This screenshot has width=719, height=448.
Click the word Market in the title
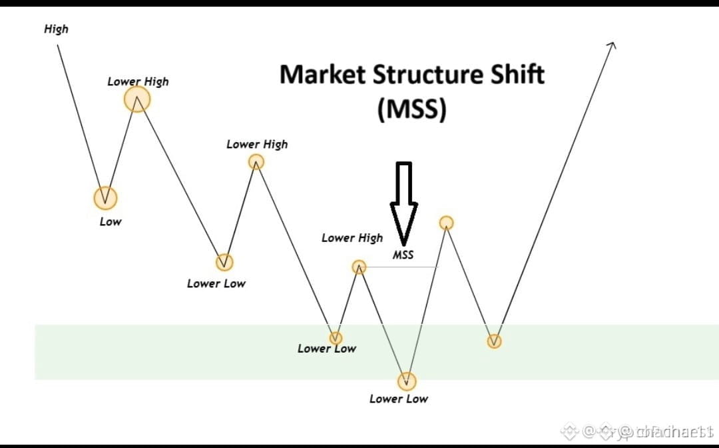click(x=322, y=74)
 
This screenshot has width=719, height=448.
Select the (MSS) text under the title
click(x=411, y=108)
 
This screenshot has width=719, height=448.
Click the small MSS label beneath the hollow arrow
click(x=403, y=255)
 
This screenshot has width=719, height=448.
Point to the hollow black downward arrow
click(x=404, y=200)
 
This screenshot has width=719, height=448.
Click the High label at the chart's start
click(x=56, y=29)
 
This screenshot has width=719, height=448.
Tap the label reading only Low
click(x=111, y=221)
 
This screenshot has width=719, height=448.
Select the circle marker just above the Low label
click(x=105, y=197)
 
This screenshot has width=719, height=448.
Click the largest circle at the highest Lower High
click(x=137, y=99)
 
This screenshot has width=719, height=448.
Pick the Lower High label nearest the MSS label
click(x=352, y=237)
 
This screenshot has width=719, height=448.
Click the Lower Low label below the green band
click(x=399, y=399)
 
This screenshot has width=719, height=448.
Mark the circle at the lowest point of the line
click(x=407, y=381)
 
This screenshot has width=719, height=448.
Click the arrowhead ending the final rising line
click(x=612, y=44)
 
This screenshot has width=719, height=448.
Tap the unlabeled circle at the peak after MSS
click(x=447, y=223)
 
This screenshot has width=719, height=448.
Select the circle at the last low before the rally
click(x=494, y=341)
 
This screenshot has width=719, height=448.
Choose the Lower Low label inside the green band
click(x=326, y=348)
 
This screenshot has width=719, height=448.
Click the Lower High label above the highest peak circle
click(x=138, y=81)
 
